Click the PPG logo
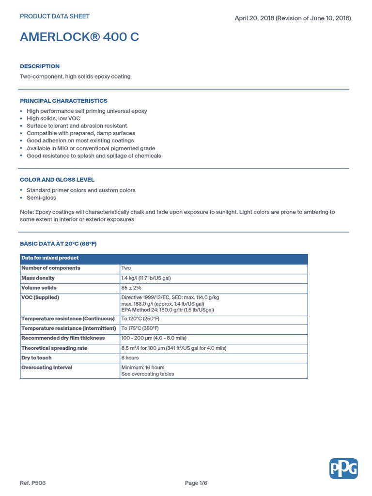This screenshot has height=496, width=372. [343, 469]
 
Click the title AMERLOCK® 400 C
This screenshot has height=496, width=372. [79, 37]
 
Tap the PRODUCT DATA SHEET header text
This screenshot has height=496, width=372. [55, 16]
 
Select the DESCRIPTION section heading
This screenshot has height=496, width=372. [40, 66]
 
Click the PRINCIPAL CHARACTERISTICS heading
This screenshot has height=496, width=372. [63, 101]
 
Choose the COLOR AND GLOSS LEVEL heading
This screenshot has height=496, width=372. [57, 180]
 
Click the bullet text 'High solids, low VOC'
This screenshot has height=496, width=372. [53, 118]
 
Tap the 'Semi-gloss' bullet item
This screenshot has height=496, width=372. [41, 198]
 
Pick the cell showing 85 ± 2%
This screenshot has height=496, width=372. [131, 288]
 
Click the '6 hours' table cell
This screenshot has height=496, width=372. [130, 358]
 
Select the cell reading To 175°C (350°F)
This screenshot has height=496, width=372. [140, 328]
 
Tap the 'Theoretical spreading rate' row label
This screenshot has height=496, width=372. [54, 348]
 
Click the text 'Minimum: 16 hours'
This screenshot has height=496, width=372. [143, 368]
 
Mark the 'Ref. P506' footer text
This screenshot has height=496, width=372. [33, 483]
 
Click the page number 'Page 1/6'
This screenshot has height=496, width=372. [199, 483]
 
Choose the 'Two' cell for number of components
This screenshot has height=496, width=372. [126, 268]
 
